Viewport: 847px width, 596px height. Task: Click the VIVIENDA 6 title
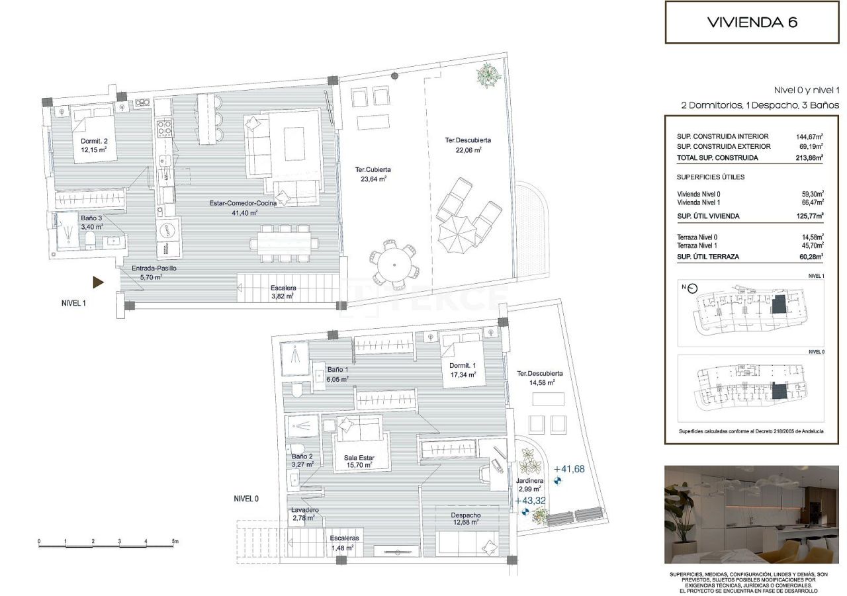pyautogui.click(x=752, y=22)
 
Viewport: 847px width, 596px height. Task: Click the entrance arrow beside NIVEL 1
pyautogui.click(x=98, y=282)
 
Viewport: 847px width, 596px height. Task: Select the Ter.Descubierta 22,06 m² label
pyautogui.click(x=468, y=145)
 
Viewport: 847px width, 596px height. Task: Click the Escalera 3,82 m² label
pyautogui.click(x=283, y=292)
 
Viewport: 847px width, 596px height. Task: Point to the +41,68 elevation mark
pyautogui.click(x=568, y=469)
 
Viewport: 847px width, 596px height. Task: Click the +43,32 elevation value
pyautogui.click(x=530, y=501)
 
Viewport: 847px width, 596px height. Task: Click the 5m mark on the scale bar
pyautogui.click(x=175, y=541)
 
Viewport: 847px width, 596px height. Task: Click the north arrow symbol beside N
pyautogui.click(x=693, y=288)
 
